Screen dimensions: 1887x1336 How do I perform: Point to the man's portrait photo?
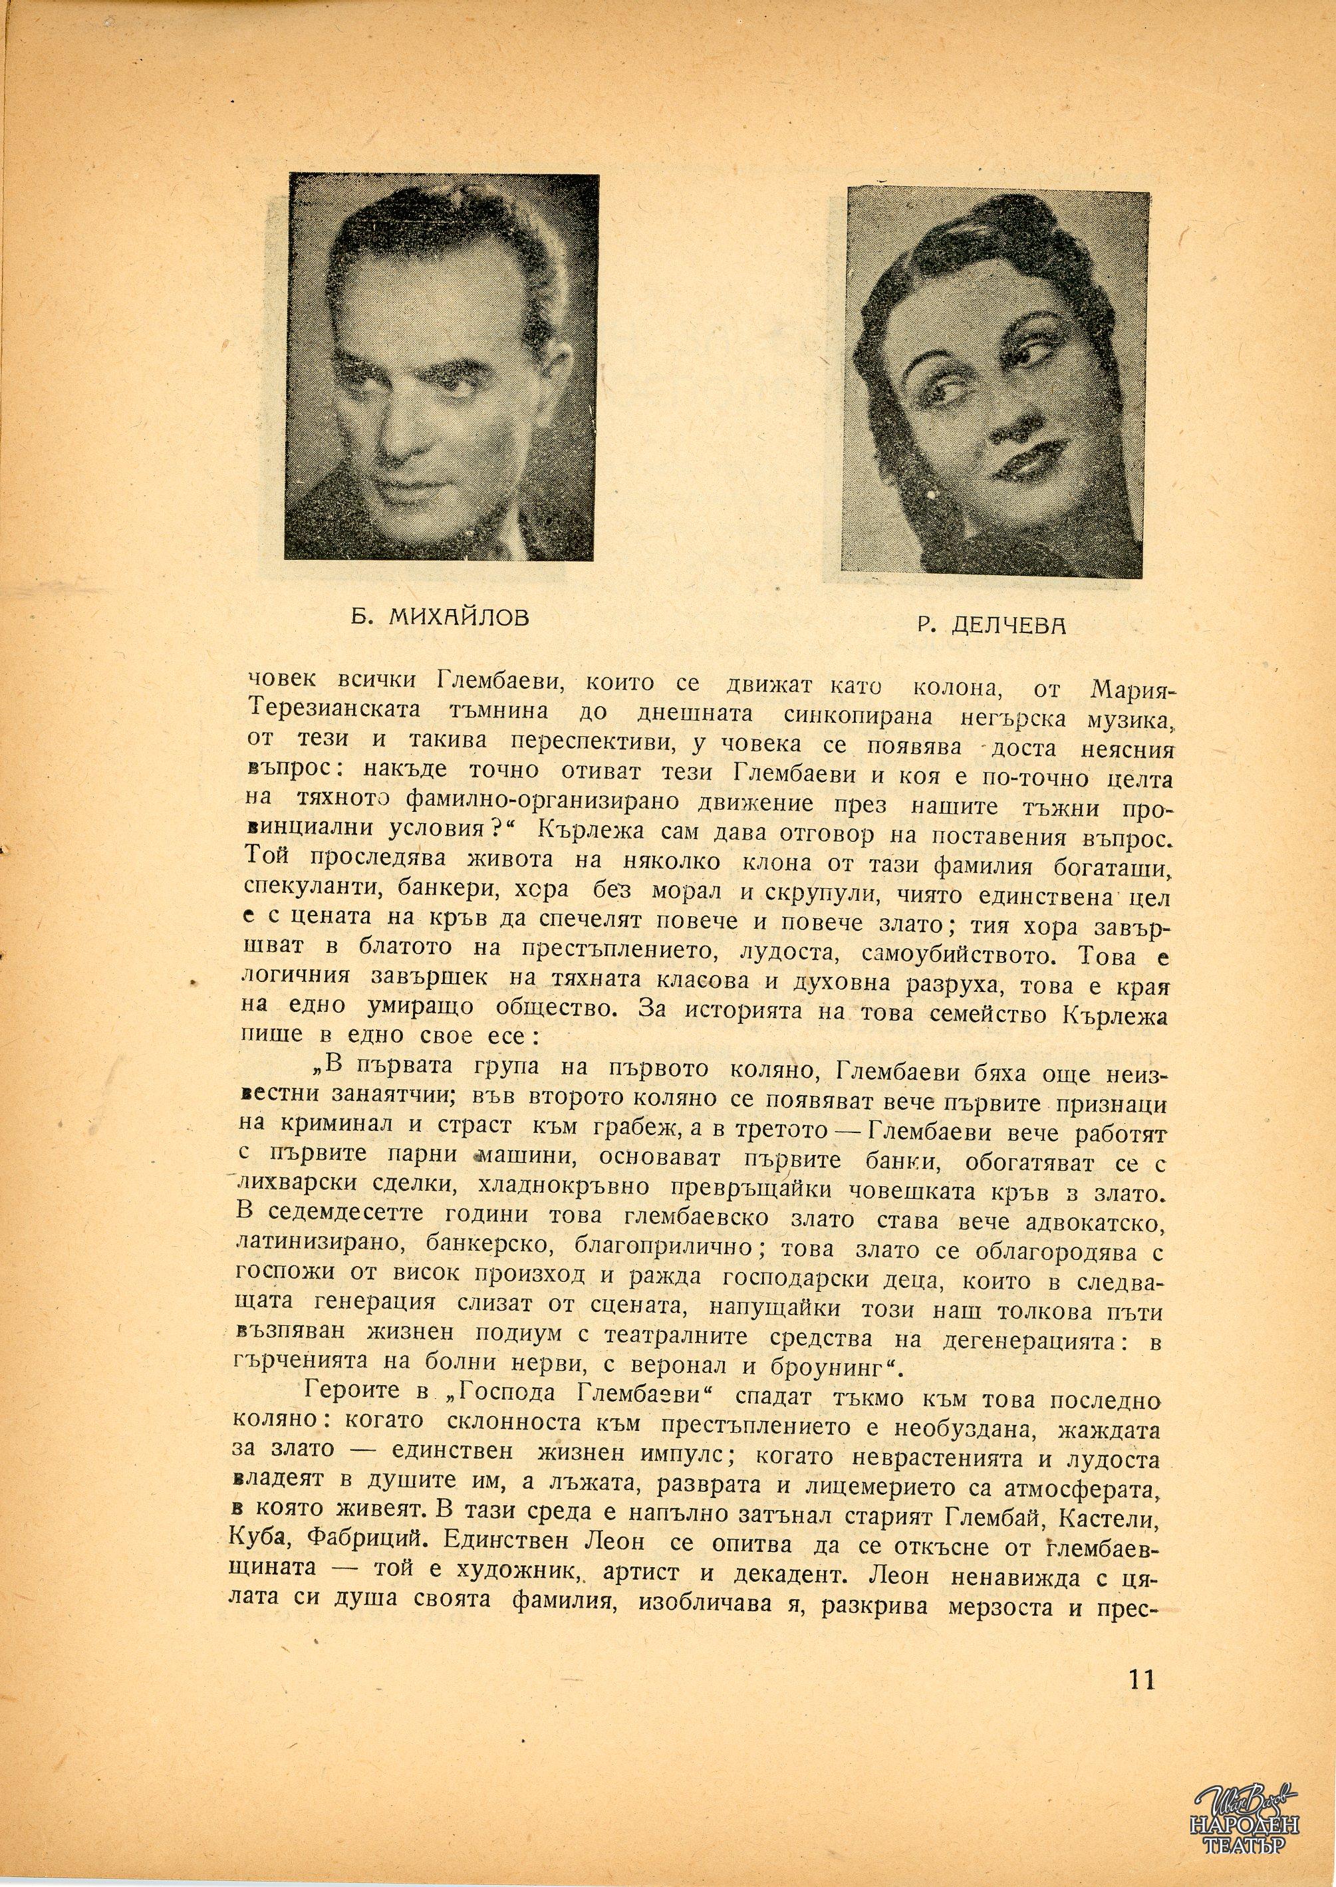[444, 368]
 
